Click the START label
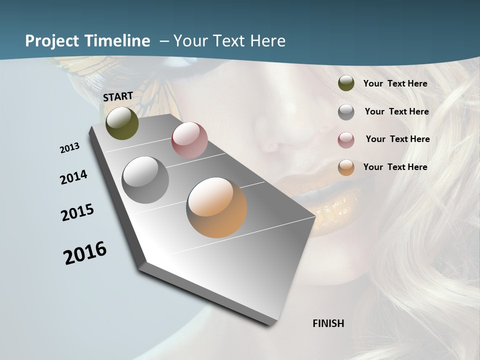[x=118, y=96]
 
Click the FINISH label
[x=328, y=323]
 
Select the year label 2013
[x=69, y=148]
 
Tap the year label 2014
[x=73, y=177]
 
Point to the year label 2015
[x=77, y=212]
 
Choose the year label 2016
[x=85, y=253]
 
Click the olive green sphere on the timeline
[x=122, y=123]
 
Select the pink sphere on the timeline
[x=189, y=139]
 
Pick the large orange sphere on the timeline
[x=216, y=207]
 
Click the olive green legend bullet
[x=346, y=83]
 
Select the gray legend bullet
[x=346, y=111]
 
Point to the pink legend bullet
[x=346, y=139]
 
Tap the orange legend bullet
[x=346, y=167]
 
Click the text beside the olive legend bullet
[x=395, y=83]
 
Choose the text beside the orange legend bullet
[x=395, y=167]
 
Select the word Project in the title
[x=52, y=41]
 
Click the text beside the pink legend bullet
[x=397, y=139]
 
